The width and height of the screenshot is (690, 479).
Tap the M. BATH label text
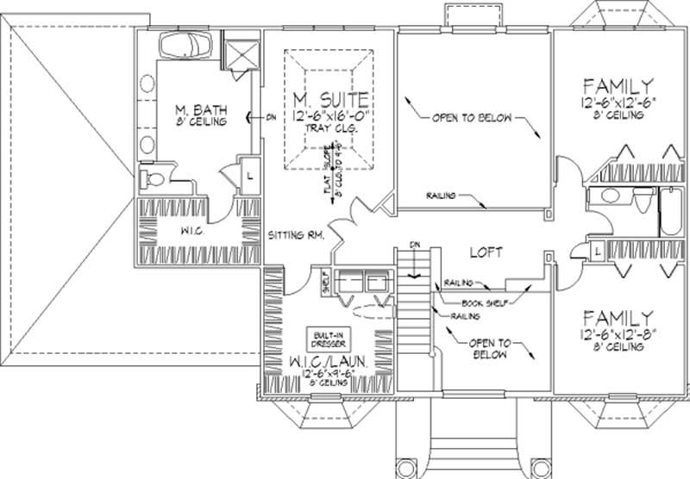195,109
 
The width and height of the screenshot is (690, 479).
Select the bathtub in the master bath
187,46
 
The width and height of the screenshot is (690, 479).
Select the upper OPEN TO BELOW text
472,118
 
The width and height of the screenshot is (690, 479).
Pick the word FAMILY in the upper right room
616,86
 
